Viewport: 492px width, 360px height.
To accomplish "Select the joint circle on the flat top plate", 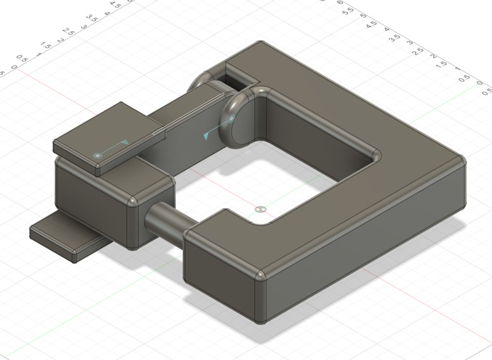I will (x=97, y=155).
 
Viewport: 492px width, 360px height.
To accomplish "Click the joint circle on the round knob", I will (x=231, y=118).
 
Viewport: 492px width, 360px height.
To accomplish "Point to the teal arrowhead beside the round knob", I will (x=207, y=134).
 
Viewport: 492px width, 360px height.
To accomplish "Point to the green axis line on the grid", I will (x=440, y=104).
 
